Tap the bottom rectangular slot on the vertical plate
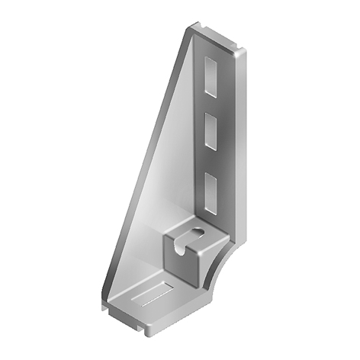pos(210,185)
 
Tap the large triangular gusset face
pos(153,191)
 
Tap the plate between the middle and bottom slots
pos(209,156)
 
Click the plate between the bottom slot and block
pos(209,214)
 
